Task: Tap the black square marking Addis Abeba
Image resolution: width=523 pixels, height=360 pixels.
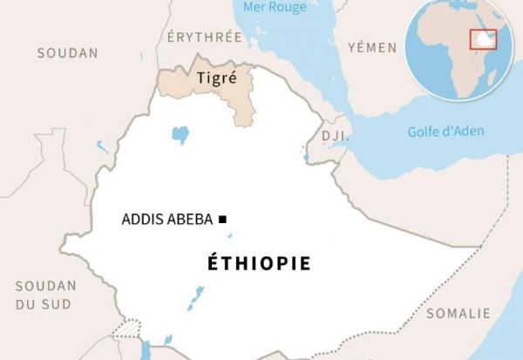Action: click(222, 219)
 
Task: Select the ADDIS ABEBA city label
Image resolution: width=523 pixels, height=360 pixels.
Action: click(166, 219)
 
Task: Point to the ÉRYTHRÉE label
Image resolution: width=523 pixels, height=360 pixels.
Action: click(205, 37)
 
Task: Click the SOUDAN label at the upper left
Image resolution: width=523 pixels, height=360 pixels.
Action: click(67, 53)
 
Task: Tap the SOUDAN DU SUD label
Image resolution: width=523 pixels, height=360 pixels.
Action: click(46, 294)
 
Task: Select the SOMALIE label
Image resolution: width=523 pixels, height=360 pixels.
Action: click(458, 313)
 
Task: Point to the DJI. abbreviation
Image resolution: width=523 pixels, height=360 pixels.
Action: click(335, 136)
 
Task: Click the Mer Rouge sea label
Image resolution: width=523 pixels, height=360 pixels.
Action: click(275, 8)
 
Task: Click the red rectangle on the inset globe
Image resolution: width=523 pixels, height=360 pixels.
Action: click(483, 39)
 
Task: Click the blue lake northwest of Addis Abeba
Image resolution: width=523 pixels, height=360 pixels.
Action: click(180, 134)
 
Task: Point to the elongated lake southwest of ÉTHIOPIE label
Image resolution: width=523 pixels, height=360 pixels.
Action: click(196, 297)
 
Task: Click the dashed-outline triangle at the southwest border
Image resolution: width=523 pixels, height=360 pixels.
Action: click(127, 329)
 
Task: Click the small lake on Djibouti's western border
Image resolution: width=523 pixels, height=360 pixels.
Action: click(306, 156)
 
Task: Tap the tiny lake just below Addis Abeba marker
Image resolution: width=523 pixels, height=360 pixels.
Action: click(230, 234)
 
